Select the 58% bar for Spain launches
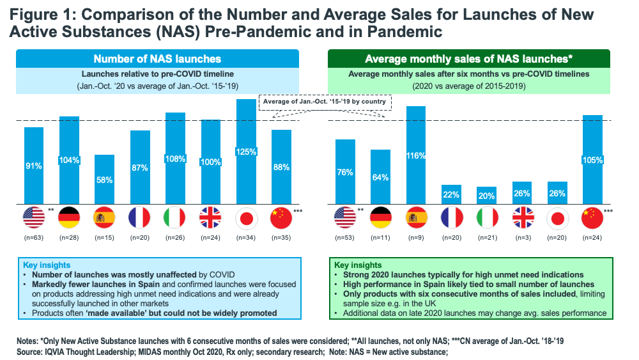pyautogui.click(x=104, y=180)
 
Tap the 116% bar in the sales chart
pyautogui.click(x=415, y=155)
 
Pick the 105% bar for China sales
pyautogui.click(x=592, y=160)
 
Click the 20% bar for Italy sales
pyautogui.click(x=486, y=196)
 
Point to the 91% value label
pyautogui.click(x=34, y=166)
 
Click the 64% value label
pyautogui.click(x=380, y=177)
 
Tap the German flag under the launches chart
pyautogui.click(x=69, y=218)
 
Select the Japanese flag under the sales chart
pyautogui.click(x=557, y=218)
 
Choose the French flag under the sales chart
pyautogui.click(x=450, y=218)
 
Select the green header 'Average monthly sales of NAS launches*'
pyautogui.click(x=468, y=59)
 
